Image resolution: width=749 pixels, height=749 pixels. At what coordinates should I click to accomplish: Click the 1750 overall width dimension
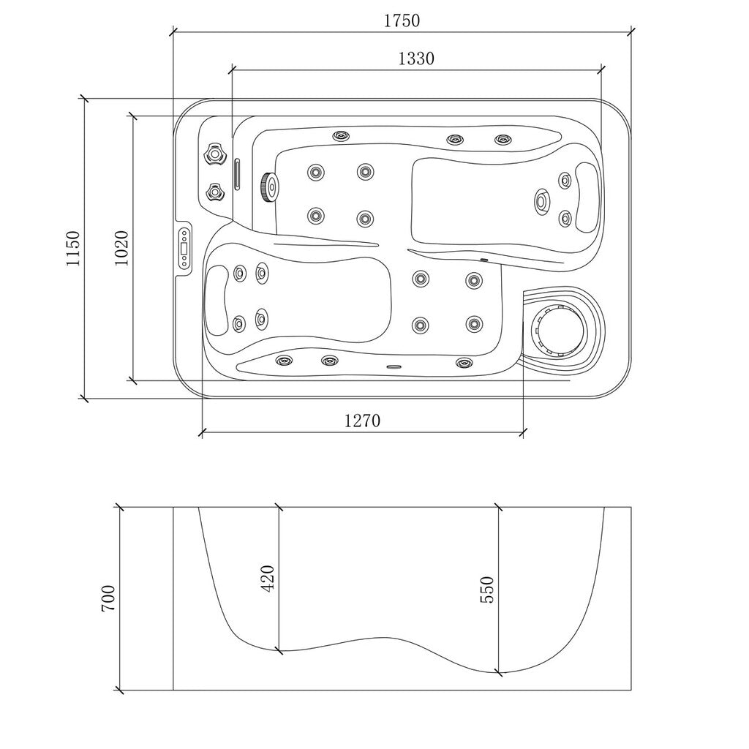click(402, 21)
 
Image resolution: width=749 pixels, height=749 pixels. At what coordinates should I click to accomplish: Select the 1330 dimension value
click(416, 59)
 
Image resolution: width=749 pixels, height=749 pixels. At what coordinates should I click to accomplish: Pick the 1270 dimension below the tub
click(362, 421)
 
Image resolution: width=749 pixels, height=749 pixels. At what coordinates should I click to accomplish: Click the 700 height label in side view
click(108, 598)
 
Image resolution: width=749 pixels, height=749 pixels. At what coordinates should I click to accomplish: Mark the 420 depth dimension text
click(268, 578)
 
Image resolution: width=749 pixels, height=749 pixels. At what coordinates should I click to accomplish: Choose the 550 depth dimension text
click(487, 590)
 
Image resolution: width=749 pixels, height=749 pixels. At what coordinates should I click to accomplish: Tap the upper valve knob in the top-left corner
click(214, 154)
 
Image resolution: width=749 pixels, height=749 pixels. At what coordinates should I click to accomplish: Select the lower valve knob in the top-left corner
click(214, 192)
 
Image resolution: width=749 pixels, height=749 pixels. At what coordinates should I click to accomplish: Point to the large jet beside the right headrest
click(543, 200)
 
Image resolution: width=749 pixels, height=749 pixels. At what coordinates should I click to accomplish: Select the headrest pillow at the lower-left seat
click(217, 301)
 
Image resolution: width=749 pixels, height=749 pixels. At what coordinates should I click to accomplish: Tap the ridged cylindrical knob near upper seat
click(268, 187)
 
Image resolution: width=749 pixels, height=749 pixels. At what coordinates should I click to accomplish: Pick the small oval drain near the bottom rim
click(394, 367)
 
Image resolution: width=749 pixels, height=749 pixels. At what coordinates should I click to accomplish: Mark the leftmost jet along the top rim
click(341, 136)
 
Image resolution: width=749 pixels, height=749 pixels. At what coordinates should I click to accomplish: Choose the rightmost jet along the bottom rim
click(462, 362)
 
